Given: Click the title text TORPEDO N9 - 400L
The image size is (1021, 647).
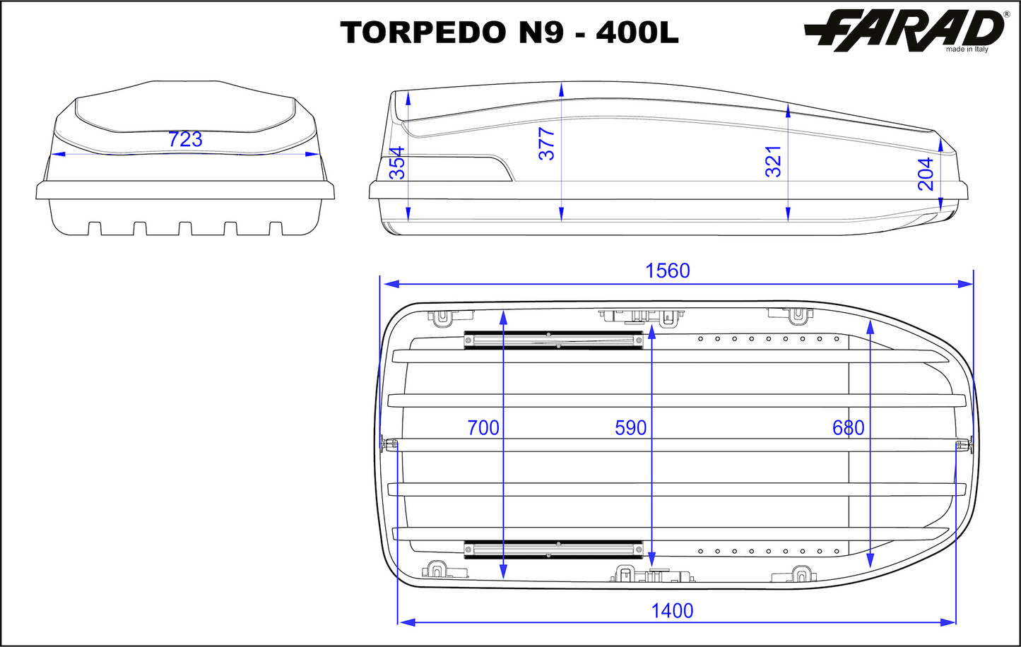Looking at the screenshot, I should click(509, 32).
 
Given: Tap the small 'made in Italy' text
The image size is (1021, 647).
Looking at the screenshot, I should click(967, 49).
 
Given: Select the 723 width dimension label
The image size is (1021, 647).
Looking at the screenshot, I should click(186, 140).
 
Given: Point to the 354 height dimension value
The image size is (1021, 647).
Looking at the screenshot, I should click(397, 162).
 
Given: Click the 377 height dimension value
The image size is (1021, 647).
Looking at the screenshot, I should click(547, 143).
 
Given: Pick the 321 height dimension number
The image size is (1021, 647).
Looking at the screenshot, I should click(774, 161).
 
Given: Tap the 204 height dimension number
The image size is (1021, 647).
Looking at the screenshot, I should click(926, 174).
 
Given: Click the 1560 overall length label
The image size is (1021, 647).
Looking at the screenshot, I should click(668, 271).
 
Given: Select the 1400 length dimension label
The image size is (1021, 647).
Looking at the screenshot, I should click(672, 610).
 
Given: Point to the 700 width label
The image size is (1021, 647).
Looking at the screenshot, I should click(483, 427).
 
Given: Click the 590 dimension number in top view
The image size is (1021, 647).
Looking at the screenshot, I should click(631, 427).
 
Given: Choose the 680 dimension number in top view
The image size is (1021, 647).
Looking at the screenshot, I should click(848, 427).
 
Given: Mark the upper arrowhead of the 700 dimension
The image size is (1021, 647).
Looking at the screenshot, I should click(502, 316).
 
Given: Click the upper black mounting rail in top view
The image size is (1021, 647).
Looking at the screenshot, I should click(553, 340).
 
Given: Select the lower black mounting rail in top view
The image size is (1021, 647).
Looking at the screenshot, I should click(553, 549).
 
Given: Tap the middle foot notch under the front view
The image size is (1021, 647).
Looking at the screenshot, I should click(185, 228).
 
